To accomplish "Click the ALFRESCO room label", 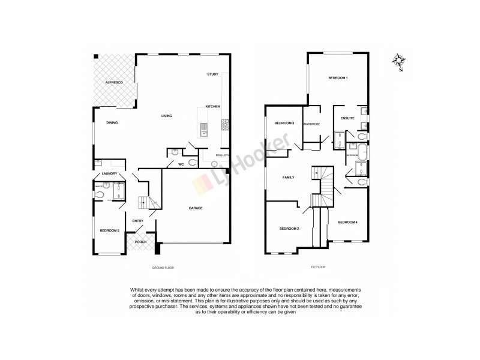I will coord(114,82).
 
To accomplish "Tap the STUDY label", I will coord(212,74).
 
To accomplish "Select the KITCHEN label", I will coord(212,106).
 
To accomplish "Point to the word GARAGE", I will coord(196,208).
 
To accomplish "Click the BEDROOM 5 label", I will coord(109,230).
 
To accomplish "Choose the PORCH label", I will coord(140,242).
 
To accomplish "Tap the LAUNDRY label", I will coord(109,174).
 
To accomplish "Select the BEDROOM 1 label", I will coord(338,79).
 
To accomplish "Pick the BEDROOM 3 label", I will coord(284,123).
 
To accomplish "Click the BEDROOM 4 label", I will coord(347,223).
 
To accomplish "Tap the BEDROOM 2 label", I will coord(289,229).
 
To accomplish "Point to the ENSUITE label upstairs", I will coord(348,118).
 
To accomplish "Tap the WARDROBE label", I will coord(311,124).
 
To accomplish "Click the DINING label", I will coord(112,122).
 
